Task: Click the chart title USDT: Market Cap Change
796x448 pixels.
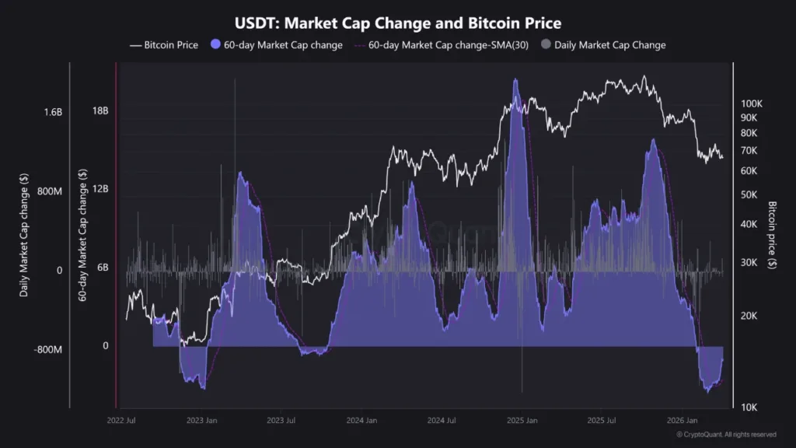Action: pyautogui.click(x=397, y=23)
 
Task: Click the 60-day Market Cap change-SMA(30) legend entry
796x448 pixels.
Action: pyautogui.click(x=446, y=45)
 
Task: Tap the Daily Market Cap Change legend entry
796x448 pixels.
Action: pyautogui.click(x=609, y=45)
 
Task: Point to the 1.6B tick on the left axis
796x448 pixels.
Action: pyautogui.click(x=53, y=112)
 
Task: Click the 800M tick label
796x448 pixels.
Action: pyautogui.click(x=49, y=191)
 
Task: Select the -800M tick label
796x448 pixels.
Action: pyautogui.click(x=47, y=349)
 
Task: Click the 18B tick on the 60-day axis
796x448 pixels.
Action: pyautogui.click(x=100, y=110)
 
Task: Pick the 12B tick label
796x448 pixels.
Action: pyautogui.click(x=100, y=190)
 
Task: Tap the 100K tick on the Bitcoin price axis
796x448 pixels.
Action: pyautogui.click(x=752, y=103)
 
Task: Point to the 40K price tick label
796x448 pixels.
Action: pyautogui.click(x=749, y=224)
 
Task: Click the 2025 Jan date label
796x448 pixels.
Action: pyautogui.click(x=521, y=421)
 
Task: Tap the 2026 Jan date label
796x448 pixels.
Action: pyautogui.click(x=682, y=421)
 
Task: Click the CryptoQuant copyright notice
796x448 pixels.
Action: pyautogui.click(x=726, y=434)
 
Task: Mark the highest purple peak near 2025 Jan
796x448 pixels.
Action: pyautogui.click(x=515, y=80)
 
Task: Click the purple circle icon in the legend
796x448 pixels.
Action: pyautogui.click(x=217, y=45)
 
